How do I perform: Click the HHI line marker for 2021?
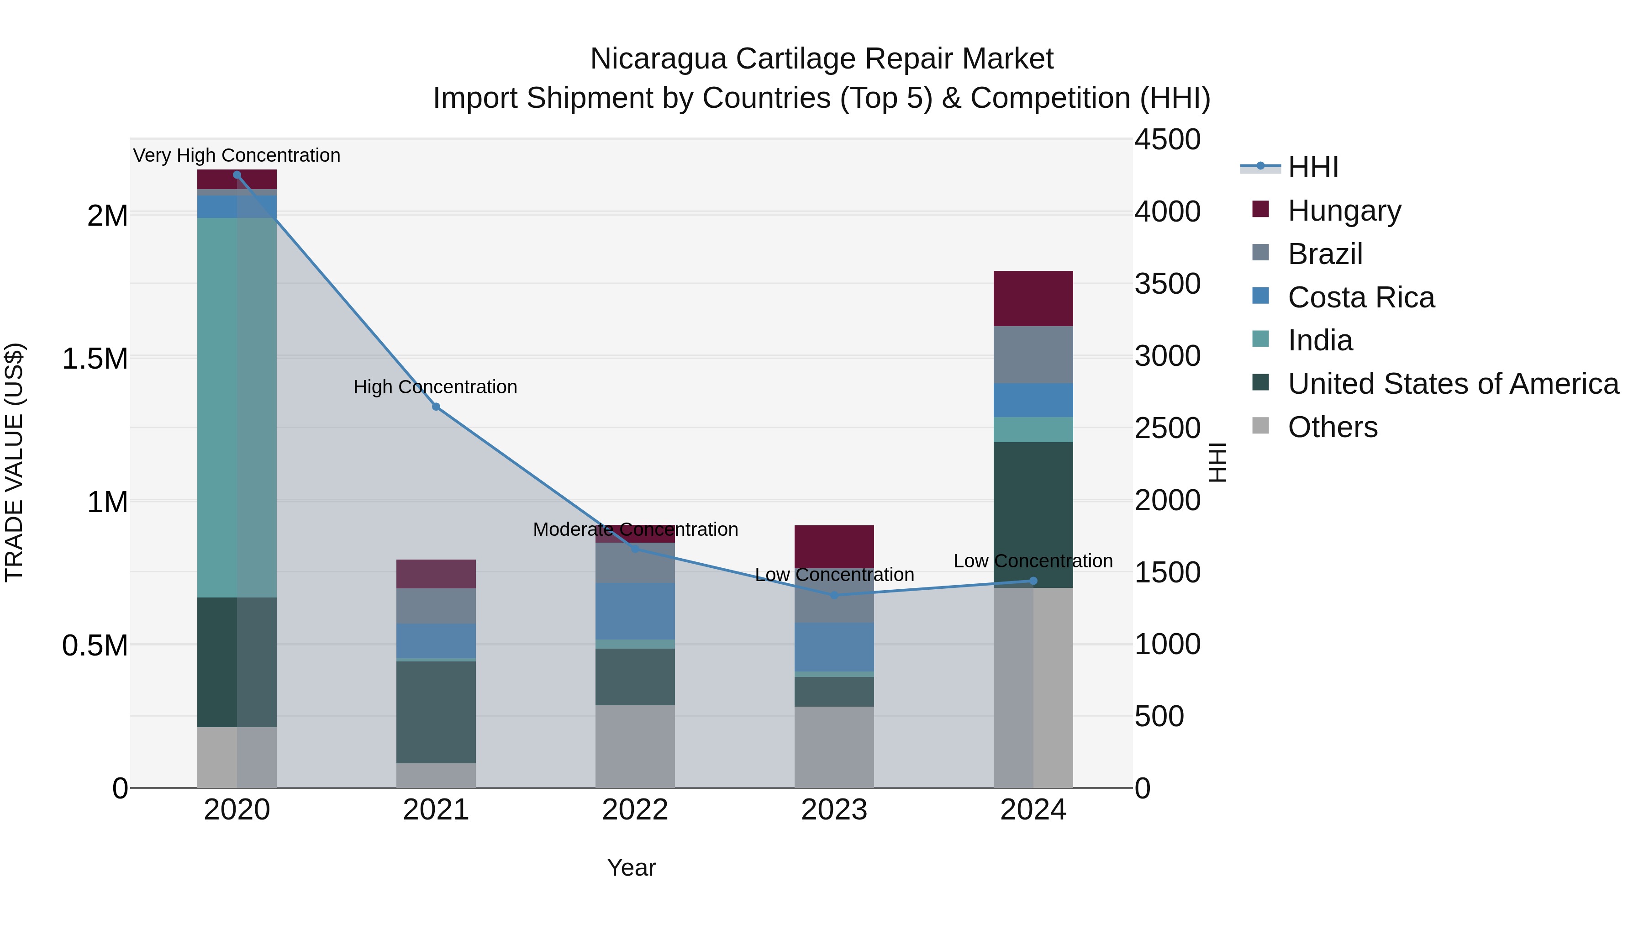pos(436,407)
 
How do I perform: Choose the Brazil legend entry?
pos(1325,254)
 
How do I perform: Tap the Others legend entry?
pos(1332,427)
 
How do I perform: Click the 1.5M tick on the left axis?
pos(95,359)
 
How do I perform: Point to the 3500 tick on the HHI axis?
pos(1167,284)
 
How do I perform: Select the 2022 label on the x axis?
pos(635,810)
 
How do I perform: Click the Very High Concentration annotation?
pos(237,155)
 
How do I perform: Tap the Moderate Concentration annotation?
pos(635,529)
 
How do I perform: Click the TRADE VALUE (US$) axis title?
pos(14,462)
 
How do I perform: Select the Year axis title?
pos(631,867)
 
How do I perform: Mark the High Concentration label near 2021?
pos(435,387)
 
